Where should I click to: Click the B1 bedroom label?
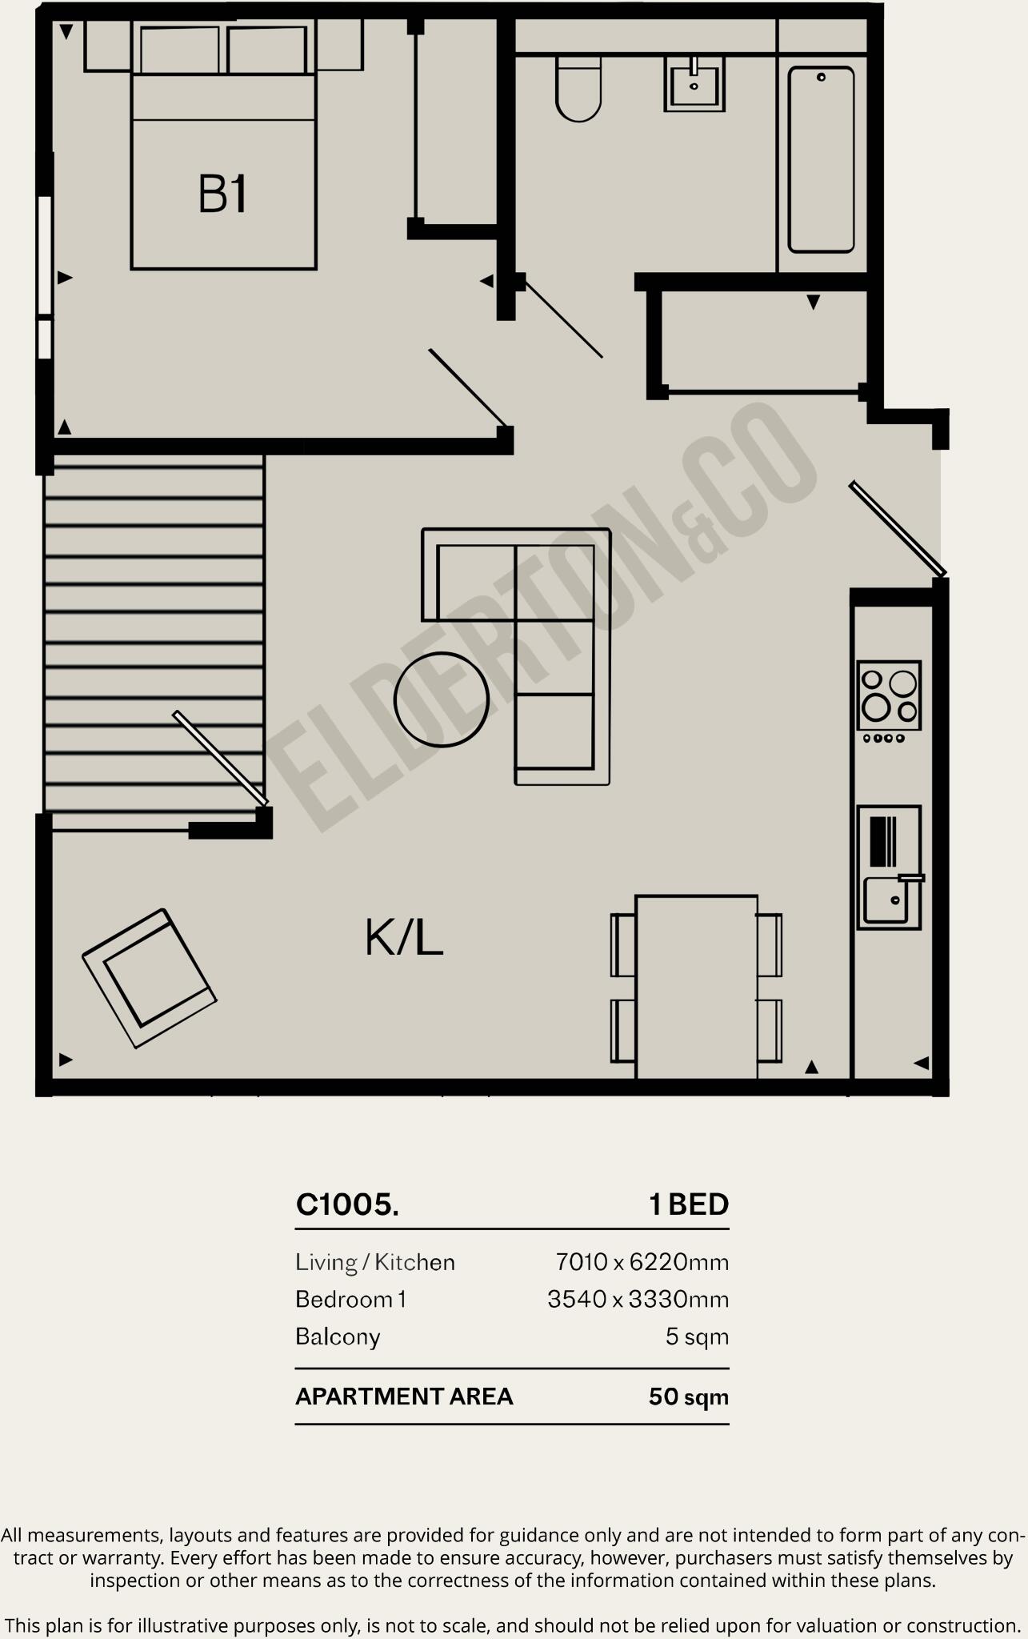tap(222, 194)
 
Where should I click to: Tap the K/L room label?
tap(404, 938)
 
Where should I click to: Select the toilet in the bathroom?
tap(578, 90)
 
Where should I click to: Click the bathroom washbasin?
tap(694, 84)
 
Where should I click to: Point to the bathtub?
tap(821, 160)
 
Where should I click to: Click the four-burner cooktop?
tap(889, 695)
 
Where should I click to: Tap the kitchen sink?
tap(886, 900)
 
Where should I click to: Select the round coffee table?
tap(442, 699)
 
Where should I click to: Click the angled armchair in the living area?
tap(150, 978)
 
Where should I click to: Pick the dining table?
tap(696, 986)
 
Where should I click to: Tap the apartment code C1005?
tap(347, 1204)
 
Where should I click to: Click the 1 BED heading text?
tap(689, 1204)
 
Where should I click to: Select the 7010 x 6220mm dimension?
tap(642, 1263)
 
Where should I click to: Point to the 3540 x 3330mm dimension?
tap(638, 1299)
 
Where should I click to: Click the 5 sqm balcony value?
tap(697, 1336)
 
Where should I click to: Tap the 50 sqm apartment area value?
tap(688, 1397)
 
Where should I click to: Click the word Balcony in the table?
tap(338, 1336)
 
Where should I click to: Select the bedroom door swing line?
tap(468, 387)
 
